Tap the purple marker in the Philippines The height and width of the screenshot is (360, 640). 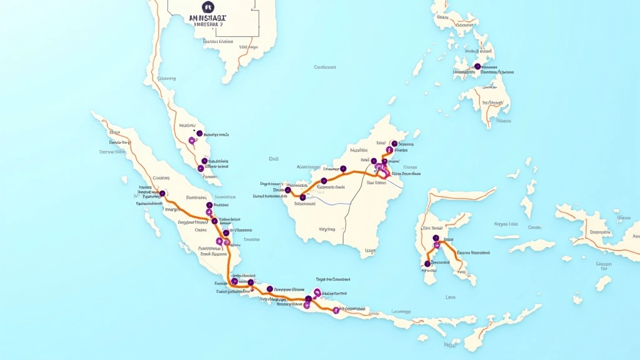(477, 66)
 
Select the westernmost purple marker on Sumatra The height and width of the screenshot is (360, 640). (162, 194)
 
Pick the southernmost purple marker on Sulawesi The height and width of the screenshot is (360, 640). (427, 264)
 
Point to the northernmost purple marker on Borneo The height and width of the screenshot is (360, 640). (394, 143)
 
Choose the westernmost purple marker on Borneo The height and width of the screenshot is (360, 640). (288, 189)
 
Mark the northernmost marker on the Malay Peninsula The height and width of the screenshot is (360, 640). (199, 133)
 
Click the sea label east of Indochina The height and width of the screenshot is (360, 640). (325, 67)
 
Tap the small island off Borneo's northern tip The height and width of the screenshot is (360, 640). (416, 133)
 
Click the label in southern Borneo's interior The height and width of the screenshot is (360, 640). (327, 229)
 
